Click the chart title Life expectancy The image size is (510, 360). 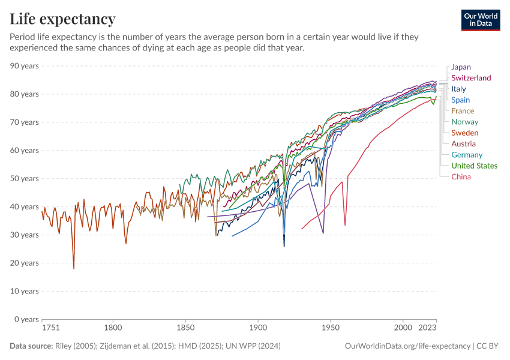[x=62, y=19]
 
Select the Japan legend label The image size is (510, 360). [x=461, y=67]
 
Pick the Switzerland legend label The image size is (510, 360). [x=471, y=78]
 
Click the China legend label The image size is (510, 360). [x=461, y=177]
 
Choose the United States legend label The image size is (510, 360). [x=474, y=166]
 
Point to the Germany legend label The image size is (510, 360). [x=467, y=155]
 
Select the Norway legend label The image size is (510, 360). [x=465, y=122]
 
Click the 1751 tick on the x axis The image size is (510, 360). [x=50, y=328]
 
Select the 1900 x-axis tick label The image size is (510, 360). [x=258, y=328]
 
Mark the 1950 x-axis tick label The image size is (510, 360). [x=330, y=328]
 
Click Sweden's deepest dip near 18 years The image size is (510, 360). [x=74, y=268]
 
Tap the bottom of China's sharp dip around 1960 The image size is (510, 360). [x=345, y=226]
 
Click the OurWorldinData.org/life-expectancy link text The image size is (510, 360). [x=408, y=346]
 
